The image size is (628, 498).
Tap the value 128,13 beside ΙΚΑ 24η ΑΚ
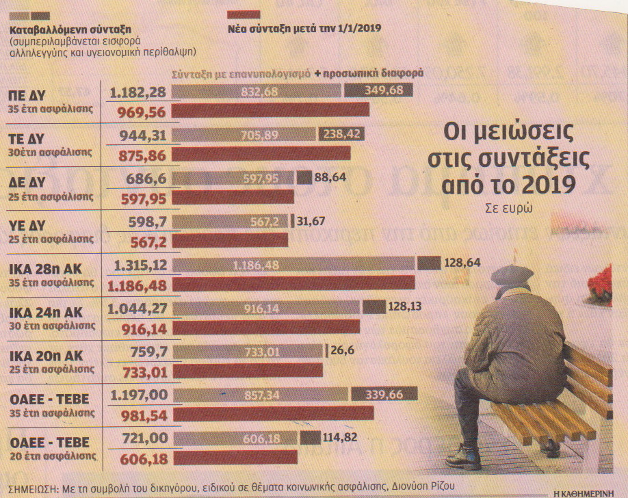coord(405,306)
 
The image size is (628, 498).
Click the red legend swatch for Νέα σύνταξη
coord(242,14)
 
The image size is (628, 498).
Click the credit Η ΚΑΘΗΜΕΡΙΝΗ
coord(589,493)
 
